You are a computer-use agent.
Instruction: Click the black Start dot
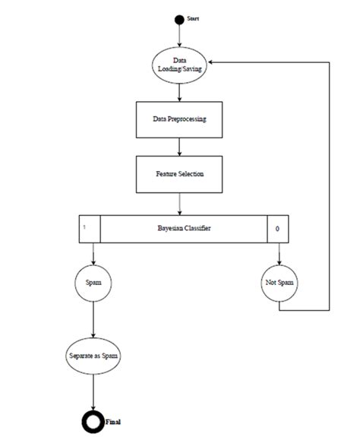point(179,19)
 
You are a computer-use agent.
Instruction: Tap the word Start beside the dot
point(193,17)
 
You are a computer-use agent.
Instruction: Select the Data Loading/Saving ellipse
point(179,64)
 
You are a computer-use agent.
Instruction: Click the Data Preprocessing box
point(179,120)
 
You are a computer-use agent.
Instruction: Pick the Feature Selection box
point(179,173)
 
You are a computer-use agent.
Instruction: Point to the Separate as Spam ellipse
point(93,356)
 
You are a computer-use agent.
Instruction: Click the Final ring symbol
point(93,420)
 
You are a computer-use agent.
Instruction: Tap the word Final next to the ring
point(112,420)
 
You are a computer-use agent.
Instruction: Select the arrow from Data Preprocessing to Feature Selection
point(179,147)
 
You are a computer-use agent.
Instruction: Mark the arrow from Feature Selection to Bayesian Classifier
point(179,202)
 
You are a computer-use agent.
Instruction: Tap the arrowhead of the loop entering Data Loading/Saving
point(213,64)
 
